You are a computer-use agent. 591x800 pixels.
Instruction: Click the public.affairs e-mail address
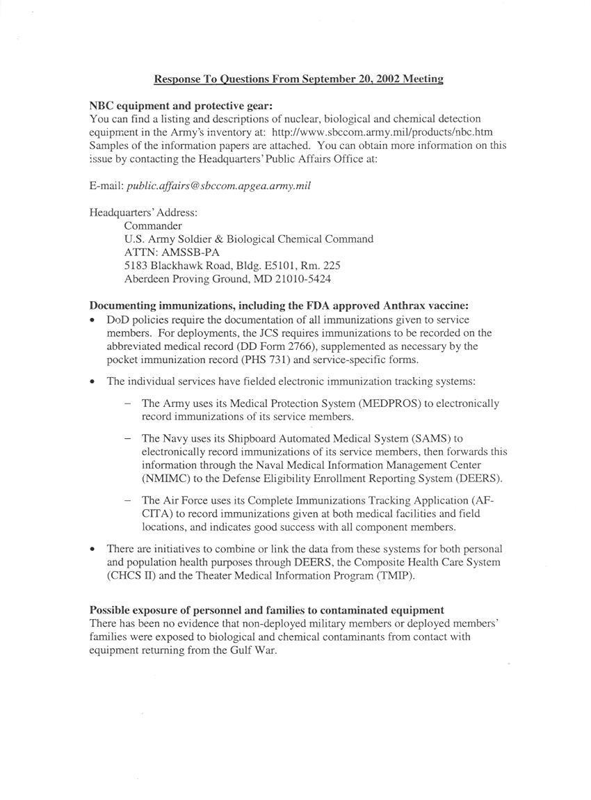tap(219, 186)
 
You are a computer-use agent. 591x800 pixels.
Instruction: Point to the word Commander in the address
tap(153, 226)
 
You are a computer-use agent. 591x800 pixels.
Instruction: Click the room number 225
tap(332, 266)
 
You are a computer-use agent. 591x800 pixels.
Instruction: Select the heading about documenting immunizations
tap(279, 305)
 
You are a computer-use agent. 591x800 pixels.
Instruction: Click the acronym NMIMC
tap(165, 479)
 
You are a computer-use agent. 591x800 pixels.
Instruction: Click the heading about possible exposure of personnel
tap(266, 610)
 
